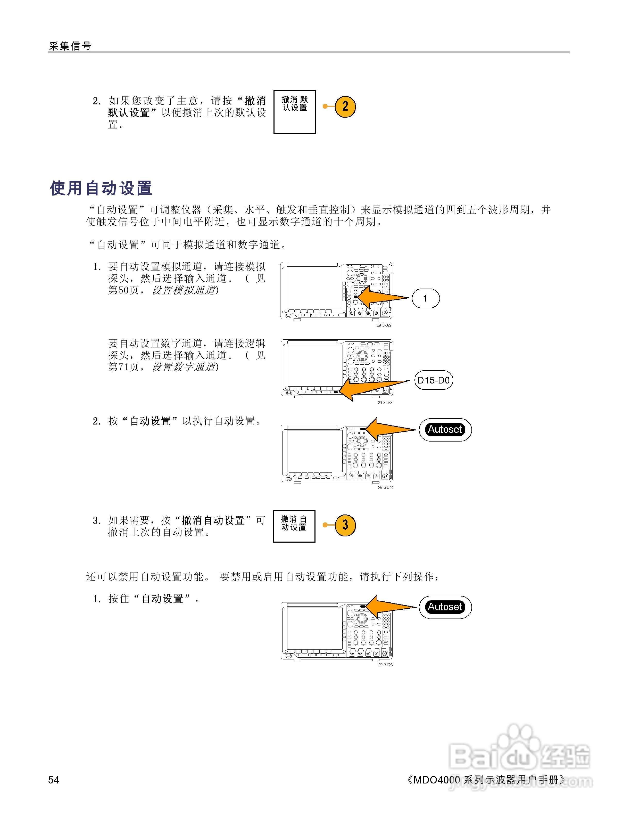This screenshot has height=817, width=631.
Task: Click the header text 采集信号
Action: (x=70, y=46)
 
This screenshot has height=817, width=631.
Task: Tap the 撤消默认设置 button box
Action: (x=295, y=112)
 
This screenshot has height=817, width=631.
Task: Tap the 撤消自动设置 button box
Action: (x=294, y=526)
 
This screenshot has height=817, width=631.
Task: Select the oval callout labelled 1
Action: (x=425, y=299)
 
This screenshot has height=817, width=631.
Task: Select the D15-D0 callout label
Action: (x=433, y=380)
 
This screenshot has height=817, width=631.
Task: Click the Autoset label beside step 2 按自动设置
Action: (x=445, y=429)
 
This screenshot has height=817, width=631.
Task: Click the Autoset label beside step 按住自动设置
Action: (x=445, y=607)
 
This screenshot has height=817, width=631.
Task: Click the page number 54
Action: (x=54, y=780)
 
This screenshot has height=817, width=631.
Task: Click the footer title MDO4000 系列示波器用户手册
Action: (x=486, y=780)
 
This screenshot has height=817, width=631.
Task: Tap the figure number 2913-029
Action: (x=384, y=325)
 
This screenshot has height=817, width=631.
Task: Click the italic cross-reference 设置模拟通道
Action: (x=184, y=290)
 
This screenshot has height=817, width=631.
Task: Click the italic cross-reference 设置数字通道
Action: (x=184, y=367)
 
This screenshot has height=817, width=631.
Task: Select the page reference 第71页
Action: (x=123, y=367)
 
